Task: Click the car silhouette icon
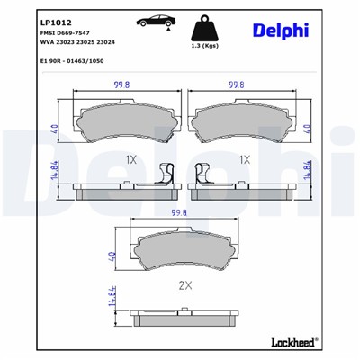(x=156, y=21)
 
